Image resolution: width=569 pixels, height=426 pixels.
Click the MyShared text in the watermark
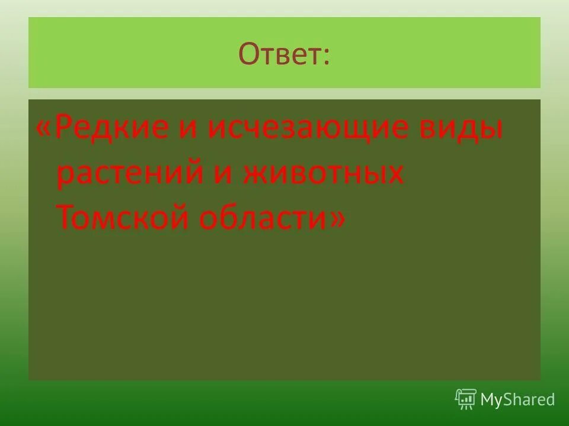[x=517, y=399]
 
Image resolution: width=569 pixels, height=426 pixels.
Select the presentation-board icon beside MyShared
[x=466, y=399]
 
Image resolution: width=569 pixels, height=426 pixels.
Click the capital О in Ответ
[x=249, y=54]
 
